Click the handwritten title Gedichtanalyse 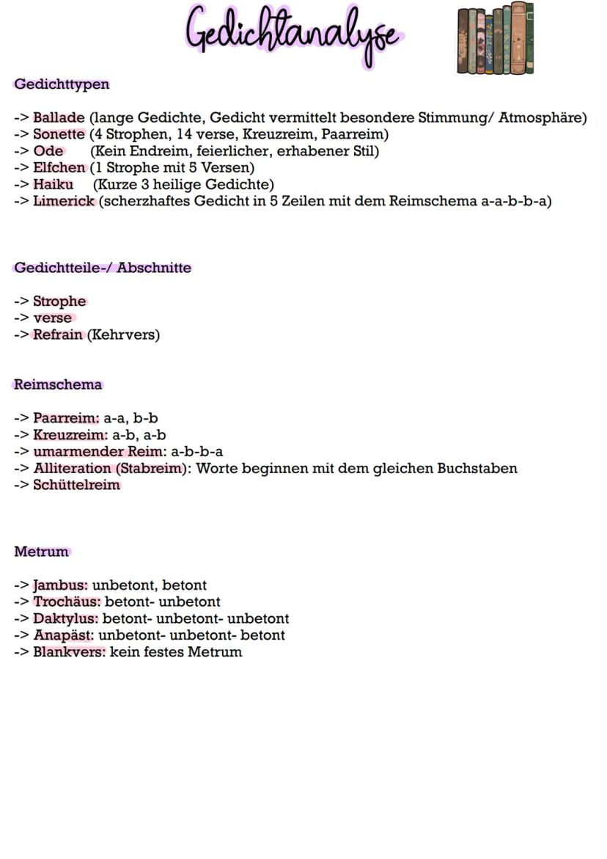coord(294,34)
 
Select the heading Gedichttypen coord(62,84)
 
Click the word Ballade coord(59,118)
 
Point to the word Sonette coord(59,135)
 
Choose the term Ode coord(48,152)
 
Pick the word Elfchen coord(59,168)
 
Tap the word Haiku coord(53,185)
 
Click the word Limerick coord(64,201)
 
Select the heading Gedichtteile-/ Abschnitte coord(103,268)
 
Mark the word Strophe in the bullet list coord(59,301)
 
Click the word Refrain coord(58,335)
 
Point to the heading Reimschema coord(58,384)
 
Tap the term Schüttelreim coord(76,485)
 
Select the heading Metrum coord(41,552)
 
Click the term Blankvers coord(69,652)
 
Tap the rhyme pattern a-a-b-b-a coord(516,201)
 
